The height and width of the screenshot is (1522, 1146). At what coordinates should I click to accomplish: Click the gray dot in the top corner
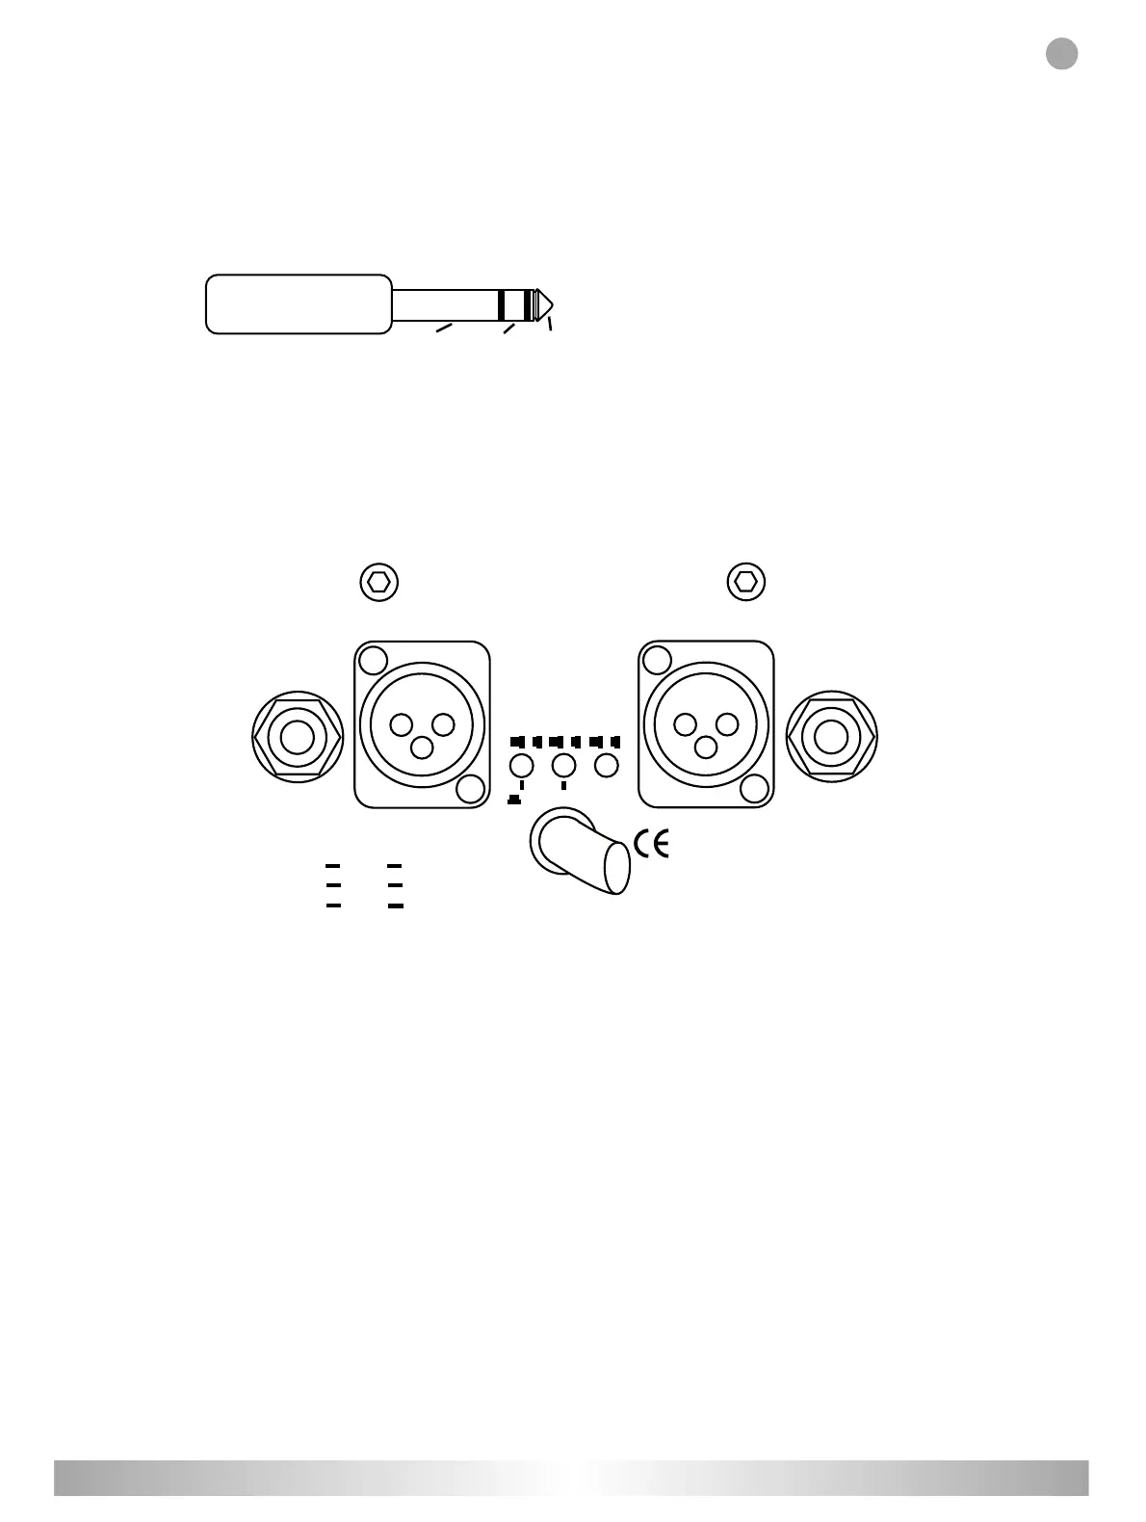(1061, 54)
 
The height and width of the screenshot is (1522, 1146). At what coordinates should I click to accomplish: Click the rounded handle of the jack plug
(299, 304)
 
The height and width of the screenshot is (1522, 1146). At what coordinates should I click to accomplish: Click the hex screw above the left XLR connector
(378, 582)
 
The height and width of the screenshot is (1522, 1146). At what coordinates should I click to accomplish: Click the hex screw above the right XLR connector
(745, 582)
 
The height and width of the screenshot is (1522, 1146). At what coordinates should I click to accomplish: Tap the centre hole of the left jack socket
(297, 737)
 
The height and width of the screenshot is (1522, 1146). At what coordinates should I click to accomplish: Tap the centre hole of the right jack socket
(832, 737)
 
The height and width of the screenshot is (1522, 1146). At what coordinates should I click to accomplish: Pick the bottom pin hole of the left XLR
(422, 747)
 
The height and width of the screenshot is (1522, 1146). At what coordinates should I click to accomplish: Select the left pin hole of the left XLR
(401, 724)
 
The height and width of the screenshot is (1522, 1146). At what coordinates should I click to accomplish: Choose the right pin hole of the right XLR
(727, 724)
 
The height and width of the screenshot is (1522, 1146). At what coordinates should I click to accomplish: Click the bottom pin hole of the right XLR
(706, 747)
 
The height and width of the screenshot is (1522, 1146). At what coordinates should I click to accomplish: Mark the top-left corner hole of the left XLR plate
(372, 661)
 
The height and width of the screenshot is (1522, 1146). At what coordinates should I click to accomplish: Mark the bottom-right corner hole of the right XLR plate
(756, 789)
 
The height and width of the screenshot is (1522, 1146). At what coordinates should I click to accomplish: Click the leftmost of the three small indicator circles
(520, 767)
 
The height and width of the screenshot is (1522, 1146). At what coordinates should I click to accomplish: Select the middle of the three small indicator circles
(562, 767)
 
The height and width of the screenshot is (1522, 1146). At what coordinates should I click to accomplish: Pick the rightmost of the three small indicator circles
(605, 767)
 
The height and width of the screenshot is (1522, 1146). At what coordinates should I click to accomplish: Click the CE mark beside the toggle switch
(652, 844)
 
